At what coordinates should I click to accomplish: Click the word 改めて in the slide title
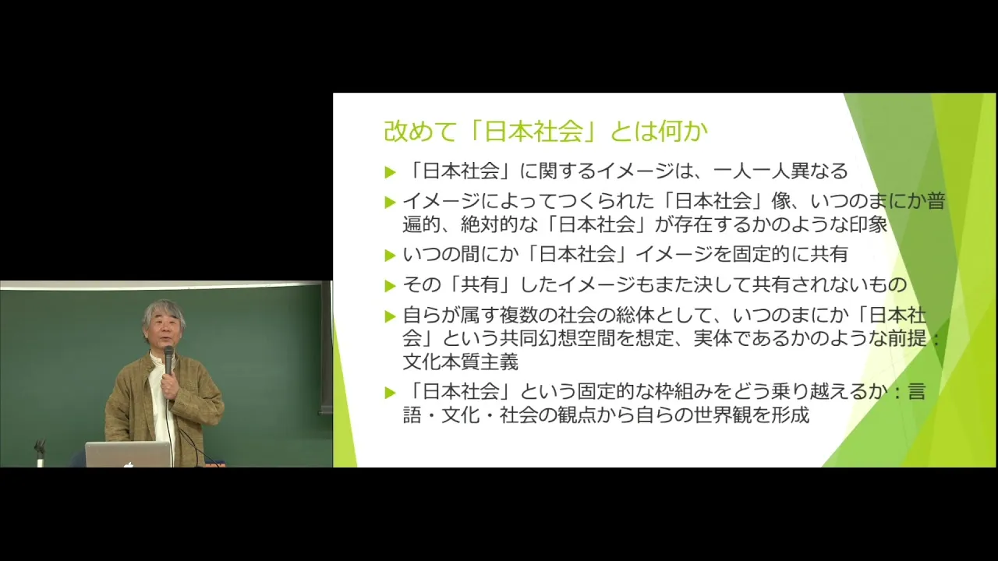coord(420,131)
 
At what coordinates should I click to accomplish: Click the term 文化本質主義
coord(460,362)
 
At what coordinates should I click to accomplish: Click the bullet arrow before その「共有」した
coord(391,285)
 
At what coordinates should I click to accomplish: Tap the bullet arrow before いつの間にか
coord(391,256)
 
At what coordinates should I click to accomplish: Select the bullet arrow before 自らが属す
coord(391,316)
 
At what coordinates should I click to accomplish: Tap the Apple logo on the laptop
coord(129,464)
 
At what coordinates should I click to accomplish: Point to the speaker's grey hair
coord(163,312)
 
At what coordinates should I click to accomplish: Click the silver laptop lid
coord(129,454)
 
